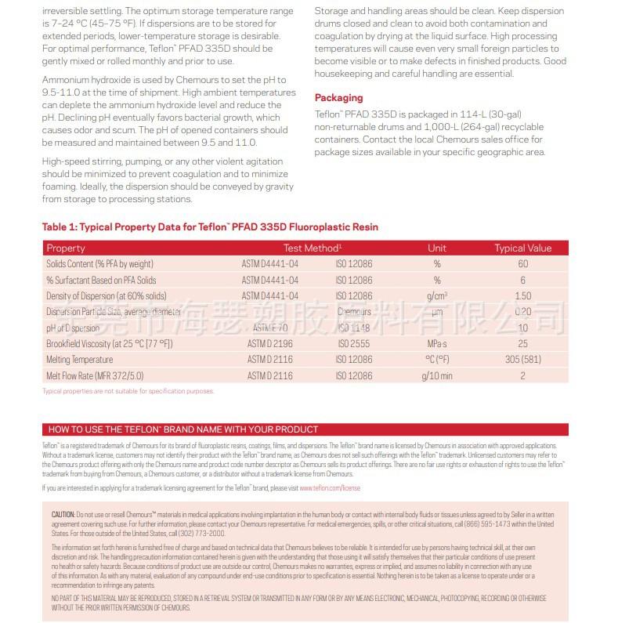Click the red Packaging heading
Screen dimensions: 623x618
point(338,98)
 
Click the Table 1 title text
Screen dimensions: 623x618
point(210,227)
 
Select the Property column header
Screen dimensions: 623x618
point(66,248)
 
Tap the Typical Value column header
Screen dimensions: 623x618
point(522,248)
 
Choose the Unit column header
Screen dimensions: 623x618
point(437,248)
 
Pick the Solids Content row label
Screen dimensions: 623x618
point(99,264)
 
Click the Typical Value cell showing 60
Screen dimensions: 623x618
point(522,264)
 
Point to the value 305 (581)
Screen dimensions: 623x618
point(522,360)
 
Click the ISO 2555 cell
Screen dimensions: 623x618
point(354,344)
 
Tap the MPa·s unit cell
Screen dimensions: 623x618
point(437,344)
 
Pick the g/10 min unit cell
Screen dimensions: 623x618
point(437,376)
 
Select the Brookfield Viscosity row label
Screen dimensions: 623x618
point(109,344)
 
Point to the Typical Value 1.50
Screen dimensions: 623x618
point(522,296)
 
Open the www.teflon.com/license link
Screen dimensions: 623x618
point(330,488)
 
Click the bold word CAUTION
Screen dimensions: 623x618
point(63,514)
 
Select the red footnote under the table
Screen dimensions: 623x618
point(128,391)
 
